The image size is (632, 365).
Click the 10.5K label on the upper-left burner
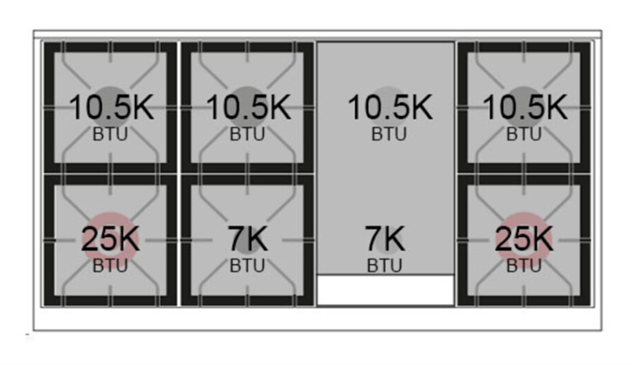point(111,107)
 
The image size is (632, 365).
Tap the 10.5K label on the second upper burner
point(249,107)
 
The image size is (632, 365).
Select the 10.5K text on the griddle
point(390,107)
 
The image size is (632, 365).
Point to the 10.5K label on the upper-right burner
point(525,107)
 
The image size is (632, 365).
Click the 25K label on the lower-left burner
point(111,239)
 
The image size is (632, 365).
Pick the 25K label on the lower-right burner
point(524,239)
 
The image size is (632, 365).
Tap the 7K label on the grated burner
point(247,239)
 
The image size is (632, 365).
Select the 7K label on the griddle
point(385,239)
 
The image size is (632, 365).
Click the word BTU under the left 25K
point(110,266)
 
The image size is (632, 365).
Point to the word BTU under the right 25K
point(524,266)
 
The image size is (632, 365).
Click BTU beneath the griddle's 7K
point(385,266)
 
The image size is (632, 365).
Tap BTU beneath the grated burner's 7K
point(247,266)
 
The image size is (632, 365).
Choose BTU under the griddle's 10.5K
point(389,134)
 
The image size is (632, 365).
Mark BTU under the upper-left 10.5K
point(110,134)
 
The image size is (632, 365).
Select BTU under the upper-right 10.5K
point(524,134)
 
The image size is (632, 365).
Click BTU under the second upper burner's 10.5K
point(247,134)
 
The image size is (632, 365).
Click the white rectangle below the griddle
point(386,290)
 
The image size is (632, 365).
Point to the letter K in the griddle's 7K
point(393,239)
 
